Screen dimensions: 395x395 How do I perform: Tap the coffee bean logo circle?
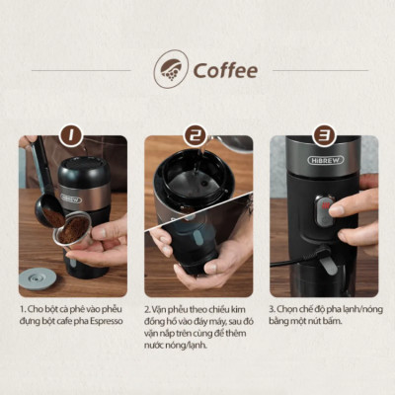coord(170,70)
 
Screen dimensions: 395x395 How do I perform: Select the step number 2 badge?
coord(197,136)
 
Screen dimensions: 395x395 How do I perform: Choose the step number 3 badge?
coord(323,136)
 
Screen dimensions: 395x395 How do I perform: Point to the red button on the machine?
coord(321,207)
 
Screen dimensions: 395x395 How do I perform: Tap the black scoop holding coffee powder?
coord(49,210)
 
